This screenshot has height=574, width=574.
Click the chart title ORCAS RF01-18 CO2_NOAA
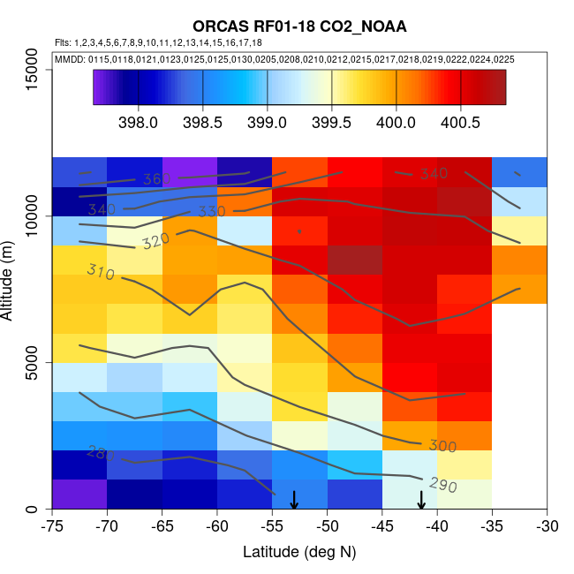[299, 26]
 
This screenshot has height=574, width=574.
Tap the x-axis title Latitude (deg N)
[299, 552]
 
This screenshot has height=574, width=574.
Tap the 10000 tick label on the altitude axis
[32, 215]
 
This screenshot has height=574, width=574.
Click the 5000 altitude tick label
[32, 362]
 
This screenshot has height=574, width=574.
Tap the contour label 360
[156, 180]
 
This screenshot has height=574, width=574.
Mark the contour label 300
[442, 446]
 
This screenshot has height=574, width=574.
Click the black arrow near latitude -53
[294, 500]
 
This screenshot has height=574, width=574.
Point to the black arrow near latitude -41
[421, 500]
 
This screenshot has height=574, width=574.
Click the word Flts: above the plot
[63, 42]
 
